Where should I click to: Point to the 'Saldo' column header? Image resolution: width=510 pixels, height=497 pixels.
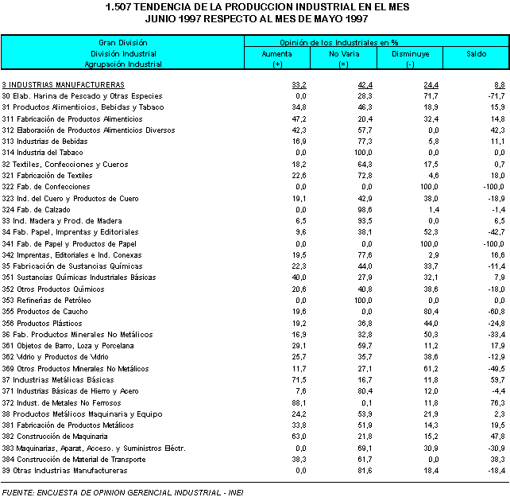pyautogui.click(x=475, y=52)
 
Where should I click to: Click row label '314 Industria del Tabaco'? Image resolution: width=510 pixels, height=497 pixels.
pyautogui.click(x=42, y=152)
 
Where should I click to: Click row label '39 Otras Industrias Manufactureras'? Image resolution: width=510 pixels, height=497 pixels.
pyautogui.click(x=65, y=471)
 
